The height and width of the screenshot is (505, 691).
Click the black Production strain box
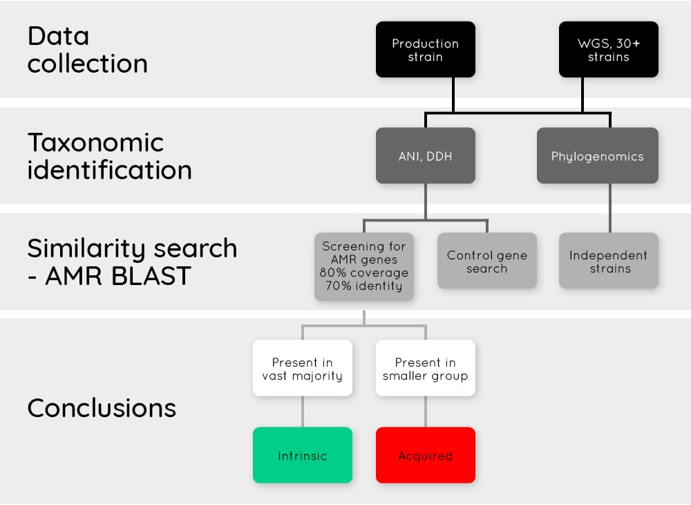[x=425, y=50]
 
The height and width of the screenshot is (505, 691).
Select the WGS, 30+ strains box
[x=608, y=50]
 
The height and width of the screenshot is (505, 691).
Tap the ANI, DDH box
[x=425, y=156]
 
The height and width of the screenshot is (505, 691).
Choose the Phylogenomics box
[x=597, y=156]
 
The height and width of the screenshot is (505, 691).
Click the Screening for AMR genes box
[x=364, y=266]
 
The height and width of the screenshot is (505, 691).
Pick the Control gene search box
[x=486, y=261]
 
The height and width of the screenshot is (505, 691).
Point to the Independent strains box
[x=608, y=261]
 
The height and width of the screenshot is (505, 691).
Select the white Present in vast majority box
[x=302, y=369]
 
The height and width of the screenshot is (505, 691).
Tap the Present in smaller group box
[x=425, y=369]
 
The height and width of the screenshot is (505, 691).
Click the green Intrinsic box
[x=302, y=455]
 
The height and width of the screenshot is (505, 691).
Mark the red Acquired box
[x=425, y=455]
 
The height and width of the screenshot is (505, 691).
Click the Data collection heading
[x=87, y=50]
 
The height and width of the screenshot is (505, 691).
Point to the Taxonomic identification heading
[x=109, y=156]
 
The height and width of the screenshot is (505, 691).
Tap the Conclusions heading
[x=102, y=407]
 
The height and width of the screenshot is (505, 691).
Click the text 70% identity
[x=364, y=286]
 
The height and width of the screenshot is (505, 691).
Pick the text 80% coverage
[x=364, y=273]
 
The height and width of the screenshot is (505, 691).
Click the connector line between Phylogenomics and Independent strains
[x=609, y=208]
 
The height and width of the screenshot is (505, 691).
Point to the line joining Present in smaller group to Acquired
[x=425, y=412]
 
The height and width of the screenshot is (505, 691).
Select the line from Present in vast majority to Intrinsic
[x=302, y=412]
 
